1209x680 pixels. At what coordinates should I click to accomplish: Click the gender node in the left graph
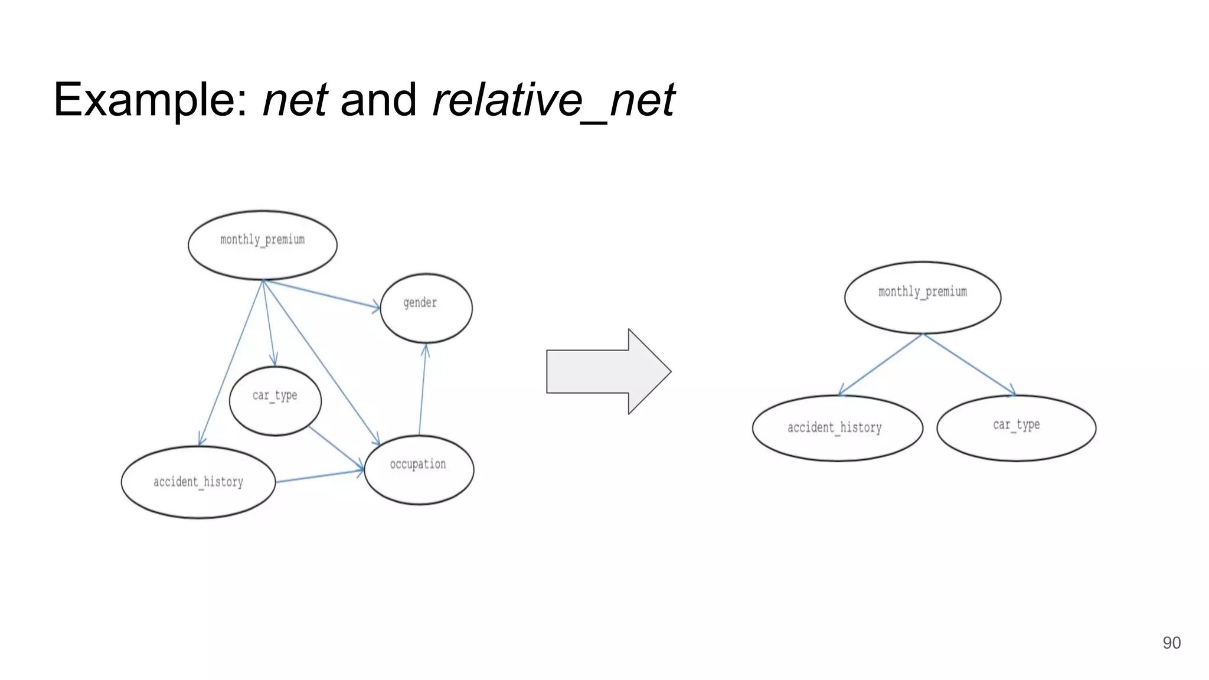426,308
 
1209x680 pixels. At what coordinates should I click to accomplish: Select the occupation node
419,469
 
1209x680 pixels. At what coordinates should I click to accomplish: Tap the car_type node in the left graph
275,400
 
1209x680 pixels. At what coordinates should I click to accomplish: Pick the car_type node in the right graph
1016,427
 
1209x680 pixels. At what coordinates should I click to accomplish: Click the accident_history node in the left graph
198,482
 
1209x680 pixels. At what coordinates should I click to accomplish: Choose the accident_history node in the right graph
837,427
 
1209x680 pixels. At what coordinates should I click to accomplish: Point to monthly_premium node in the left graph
263,244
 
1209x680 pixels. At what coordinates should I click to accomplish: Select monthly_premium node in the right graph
922,297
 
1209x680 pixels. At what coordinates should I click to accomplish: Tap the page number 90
1171,643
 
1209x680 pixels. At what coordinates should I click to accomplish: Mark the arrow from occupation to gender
423,390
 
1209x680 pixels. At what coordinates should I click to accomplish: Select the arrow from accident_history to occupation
319,476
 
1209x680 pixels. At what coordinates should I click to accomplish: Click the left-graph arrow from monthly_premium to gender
322,294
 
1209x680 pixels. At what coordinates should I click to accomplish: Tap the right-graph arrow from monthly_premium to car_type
969,364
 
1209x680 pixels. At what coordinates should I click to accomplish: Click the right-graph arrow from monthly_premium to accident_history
880,364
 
